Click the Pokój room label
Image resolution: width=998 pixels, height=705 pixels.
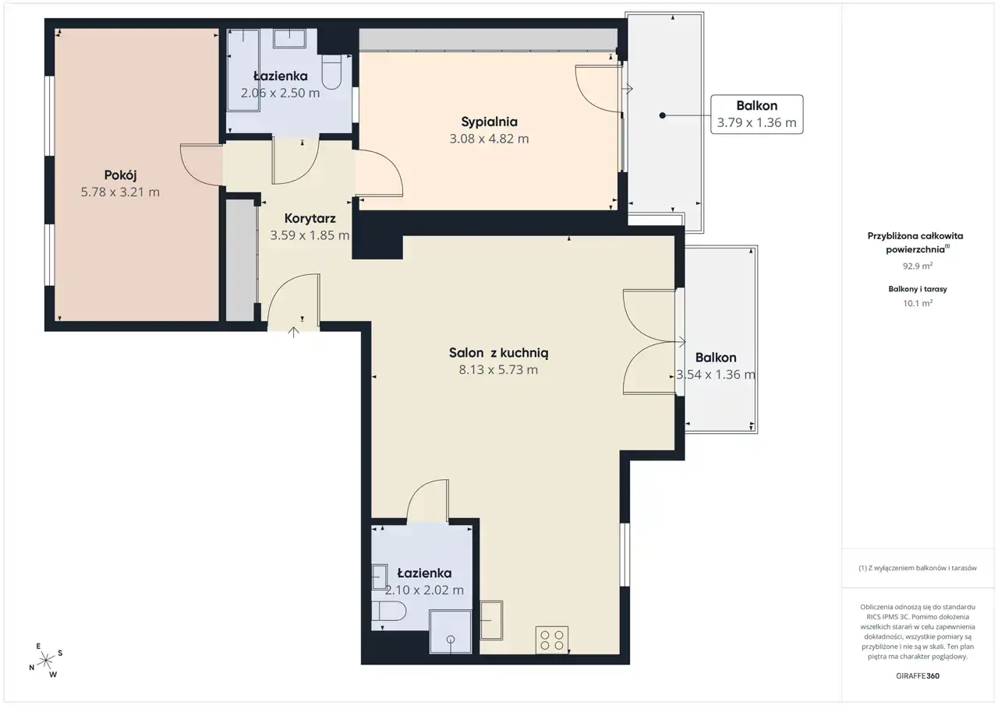pyautogui.click(x=120, y=175)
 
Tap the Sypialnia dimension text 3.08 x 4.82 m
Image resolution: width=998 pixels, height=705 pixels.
pyautogui.click(x=489, y=139)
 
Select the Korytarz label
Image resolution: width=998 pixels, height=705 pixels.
pyautogui.click(x=310, y=219)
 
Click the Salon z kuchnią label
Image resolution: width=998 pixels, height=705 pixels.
pyautogui.click(x=498, y=353)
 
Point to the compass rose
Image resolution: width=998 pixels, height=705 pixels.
pyautogui.click(x=46, y=661)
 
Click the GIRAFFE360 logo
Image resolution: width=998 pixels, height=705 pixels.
pyautogui.click(x=918, y=675)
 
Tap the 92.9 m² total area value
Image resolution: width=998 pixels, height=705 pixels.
pyautogui.click(x=918, y=266)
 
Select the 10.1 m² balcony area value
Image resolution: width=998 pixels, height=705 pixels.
pyautogui.click(x=918, y=303)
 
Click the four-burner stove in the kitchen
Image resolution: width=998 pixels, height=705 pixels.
pyautogui.click(x=551, y=640)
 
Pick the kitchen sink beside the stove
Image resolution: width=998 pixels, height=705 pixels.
pyautogui.click(x=491, y=620)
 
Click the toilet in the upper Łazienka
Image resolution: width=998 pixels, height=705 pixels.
pyautogui.click(x=331, y=72)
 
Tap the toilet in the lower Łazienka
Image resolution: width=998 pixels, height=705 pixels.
pyautogui.click(x=388, y=611)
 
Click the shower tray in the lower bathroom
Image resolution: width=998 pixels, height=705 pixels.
pyautogui.click(x=451, y=632)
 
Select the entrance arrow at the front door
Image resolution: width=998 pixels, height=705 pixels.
pyautogui.click(x=293, y=332)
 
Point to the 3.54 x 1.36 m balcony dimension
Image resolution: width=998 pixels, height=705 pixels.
pyautogui.click(x=716, y=375)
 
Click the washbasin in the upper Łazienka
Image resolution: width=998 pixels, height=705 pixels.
pyautogui.click(x=289, y=38)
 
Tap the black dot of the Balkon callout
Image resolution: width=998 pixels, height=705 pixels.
pyautogui.click(x=663, y=115)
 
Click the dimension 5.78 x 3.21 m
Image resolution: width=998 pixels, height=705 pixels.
pyautogui.click(x=120, y=192)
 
